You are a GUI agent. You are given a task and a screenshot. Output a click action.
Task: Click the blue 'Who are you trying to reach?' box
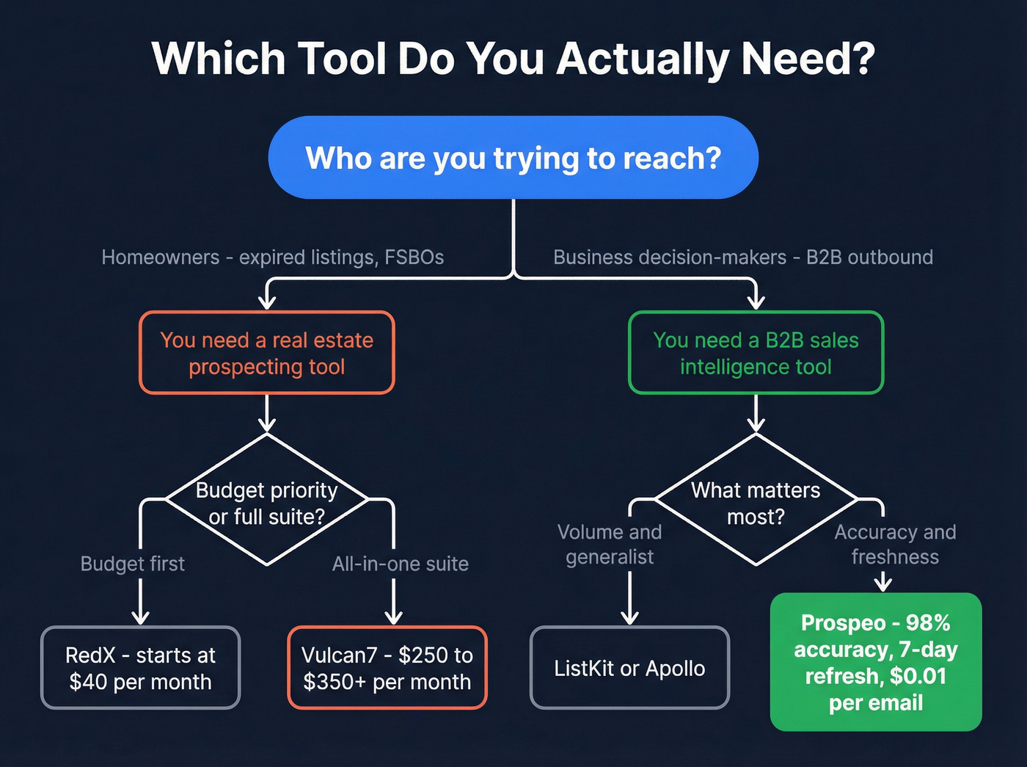[x=513, y=158]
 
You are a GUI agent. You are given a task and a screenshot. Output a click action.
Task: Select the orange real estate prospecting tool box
[x=267, y=353]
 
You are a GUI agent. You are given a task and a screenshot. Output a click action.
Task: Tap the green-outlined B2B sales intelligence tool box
[x=756, y=353]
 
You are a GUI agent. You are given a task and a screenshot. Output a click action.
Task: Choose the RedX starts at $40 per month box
[x=140, y=668]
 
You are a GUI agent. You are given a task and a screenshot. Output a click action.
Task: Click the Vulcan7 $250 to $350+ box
[x=387, y=668]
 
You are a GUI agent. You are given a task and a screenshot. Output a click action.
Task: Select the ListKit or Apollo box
[x=629, y=668]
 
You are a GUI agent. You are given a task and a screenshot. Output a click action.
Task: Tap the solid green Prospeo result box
[x=876, y=662]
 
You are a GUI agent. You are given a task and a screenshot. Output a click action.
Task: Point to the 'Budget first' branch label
[x=133, y=564]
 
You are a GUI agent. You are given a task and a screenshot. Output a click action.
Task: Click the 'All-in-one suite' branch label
[x=401, y=564]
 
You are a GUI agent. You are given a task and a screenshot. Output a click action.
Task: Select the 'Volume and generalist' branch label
[x=610, y=544]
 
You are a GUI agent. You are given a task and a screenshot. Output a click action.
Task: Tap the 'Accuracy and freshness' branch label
[x=895, y=544]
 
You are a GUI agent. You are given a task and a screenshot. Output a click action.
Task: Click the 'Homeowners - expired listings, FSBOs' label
[x=273, y=257]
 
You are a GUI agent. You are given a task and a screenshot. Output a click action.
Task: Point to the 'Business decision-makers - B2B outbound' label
[x=743, y=257]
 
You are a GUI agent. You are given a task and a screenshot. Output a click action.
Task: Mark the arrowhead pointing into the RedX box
[x=140, y=617]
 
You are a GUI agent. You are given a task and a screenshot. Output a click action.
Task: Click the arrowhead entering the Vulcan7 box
[x=394, y=617]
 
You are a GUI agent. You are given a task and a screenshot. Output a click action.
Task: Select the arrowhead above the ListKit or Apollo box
[x=629, y=617]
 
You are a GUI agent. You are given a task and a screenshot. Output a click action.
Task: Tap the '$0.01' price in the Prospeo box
[x=918, y=676]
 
